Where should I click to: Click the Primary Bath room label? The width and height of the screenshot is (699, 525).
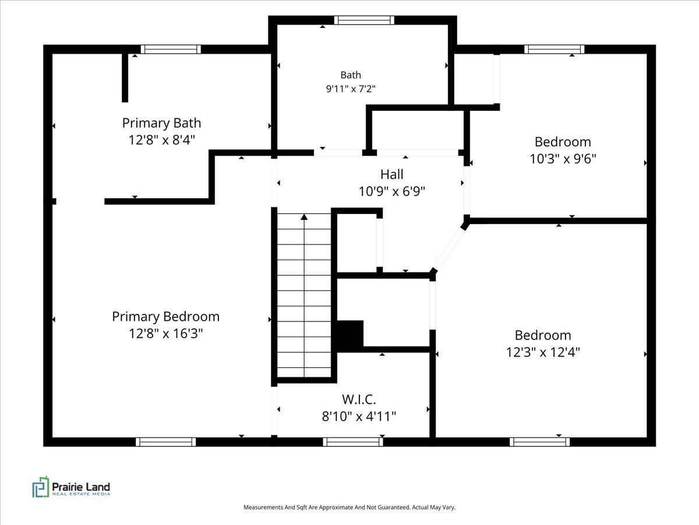coord(161,123)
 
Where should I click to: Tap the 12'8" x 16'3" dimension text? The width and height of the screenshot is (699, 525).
coord(165,334)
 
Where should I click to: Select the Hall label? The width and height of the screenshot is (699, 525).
coord(391,174)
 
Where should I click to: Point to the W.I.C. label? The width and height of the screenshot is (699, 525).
coord(359,399)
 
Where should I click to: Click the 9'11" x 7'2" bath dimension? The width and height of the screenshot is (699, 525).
coord(351,89)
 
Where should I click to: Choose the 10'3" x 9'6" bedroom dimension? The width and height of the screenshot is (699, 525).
coord(563,159)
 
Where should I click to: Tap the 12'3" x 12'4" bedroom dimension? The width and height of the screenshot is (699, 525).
coord(543,352)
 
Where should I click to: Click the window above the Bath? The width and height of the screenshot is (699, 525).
coord(364,20)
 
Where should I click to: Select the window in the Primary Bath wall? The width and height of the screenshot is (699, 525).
coord(171,49)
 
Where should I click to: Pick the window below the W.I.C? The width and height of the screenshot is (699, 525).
coord(353,442)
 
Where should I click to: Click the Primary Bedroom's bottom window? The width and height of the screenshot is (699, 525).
coord(165,442)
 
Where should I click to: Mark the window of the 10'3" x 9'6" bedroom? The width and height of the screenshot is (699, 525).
coord(554,49)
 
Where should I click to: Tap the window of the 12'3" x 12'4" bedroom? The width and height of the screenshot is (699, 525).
coord(539,442)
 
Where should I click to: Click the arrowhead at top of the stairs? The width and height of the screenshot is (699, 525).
coord(304,217)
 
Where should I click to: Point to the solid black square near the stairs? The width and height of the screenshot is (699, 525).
coord(349,336)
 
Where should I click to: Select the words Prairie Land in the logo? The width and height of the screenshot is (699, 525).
coord(81,487)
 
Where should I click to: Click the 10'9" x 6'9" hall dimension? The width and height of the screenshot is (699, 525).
coord(391,191)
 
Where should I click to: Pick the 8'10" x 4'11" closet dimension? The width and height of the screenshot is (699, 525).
coord(359,416)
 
